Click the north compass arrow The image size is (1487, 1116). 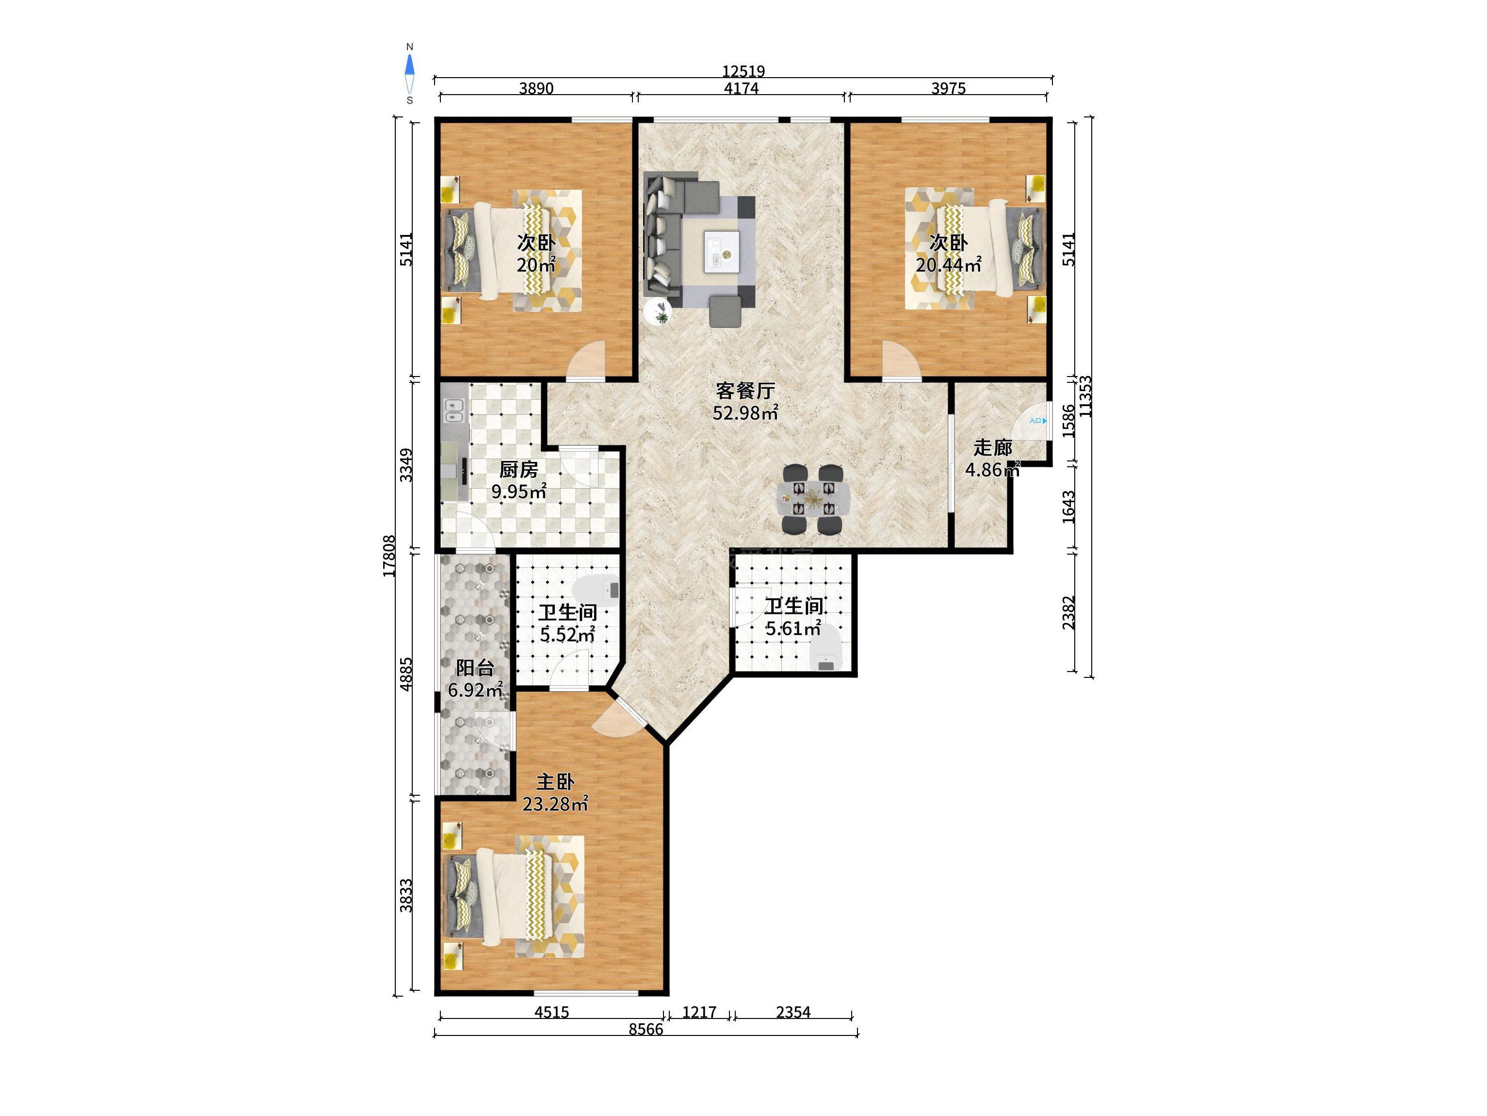(x=409, y=65)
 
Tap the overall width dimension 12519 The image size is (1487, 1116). (x=743, y=71)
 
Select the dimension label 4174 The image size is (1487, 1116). (x=742, y=88)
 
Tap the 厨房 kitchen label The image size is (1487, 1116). (x=518, y=469)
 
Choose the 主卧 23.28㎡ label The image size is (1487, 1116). (x=555, y=792)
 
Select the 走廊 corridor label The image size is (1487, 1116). (x=993, y=447)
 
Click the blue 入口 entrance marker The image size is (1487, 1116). (x=1038, y=420)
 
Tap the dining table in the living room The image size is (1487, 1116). (x=813, y=498)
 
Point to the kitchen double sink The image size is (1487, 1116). (x=455, y=410)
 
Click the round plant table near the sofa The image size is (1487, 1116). (x=658, y=312)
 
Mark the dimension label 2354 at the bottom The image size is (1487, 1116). (x=793, y=1012)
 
